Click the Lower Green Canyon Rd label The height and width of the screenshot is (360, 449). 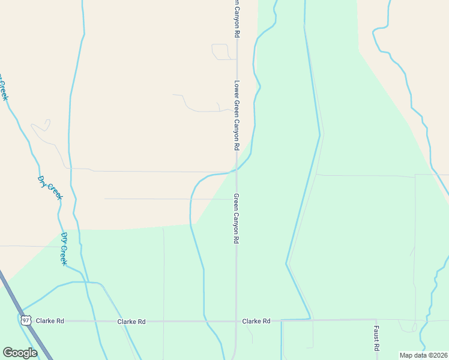[237, 115]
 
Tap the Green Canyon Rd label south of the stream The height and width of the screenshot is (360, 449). [237, 218]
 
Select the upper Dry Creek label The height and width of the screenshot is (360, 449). [50, 187]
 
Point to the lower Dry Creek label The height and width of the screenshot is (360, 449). [64, 249]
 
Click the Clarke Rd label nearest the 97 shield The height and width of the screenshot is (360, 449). [50, 321]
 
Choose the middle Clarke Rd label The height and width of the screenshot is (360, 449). [131, 322]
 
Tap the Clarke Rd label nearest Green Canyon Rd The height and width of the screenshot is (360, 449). [256, 321]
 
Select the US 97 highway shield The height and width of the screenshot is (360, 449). [25, 321]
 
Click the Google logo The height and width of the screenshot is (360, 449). [20, 353]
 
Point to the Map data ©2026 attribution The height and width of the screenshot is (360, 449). [423, 355]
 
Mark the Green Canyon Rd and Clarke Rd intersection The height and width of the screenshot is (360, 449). [236, 321]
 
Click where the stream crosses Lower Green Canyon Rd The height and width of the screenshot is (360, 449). [237, 170]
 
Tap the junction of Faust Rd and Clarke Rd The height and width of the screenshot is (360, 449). [376, 320]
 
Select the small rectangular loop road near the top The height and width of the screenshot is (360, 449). [220, 52]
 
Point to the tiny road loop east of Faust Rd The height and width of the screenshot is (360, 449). [408, 328]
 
